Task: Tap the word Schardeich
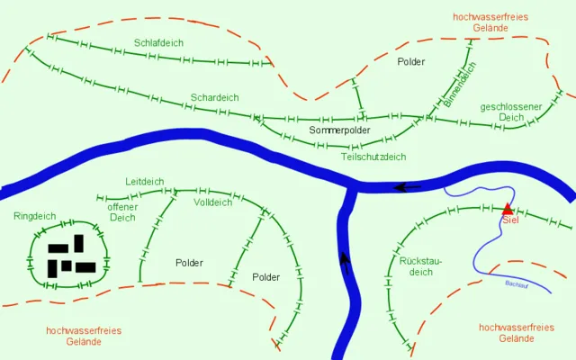click(x=214, y=97)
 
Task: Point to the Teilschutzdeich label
click(x=373, y=157)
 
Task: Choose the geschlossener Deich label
click(x=511, y=112)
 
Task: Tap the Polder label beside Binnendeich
click(x=410, y=62)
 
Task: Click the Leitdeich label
click(x=145, y=181)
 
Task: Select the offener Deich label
click(x=122, y=211)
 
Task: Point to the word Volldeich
click(x=212, y=202)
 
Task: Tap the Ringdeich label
click(x=35, y=216)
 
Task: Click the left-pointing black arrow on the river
click(x=407, y=187)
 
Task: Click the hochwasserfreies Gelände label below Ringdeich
click(x=84, y=336)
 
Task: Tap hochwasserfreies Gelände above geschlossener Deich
click(x=490, y=22)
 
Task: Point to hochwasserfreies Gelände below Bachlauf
click(x=517, y=333)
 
